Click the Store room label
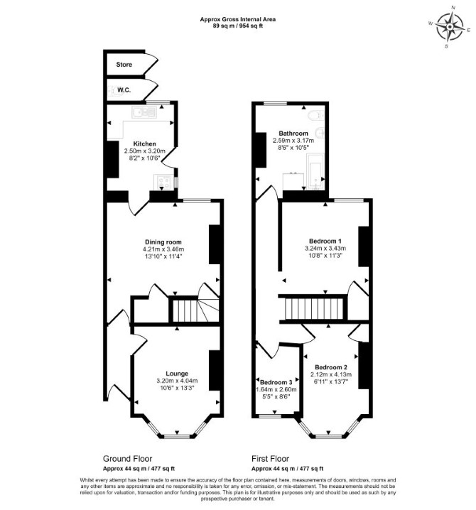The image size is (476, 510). click(x=124, y=65)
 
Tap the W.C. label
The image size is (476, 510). click(x=124, y=90)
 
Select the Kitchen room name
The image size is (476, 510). click(x=144, y=143)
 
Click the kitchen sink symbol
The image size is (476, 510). click(x=144, y=112)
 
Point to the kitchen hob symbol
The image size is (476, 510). click(x=163, y=182)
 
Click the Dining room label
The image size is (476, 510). click(x=163, y=242)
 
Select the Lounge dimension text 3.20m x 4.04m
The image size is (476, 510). click(x=177, y=381)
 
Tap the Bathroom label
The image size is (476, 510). click(x=293, y=134)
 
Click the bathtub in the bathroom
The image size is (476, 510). click(x=315, y=171)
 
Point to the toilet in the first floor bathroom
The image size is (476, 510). click(x=315, y=115)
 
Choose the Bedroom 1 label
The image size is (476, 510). click(x=325, y=241)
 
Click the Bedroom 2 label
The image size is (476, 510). click(x=331, y=367)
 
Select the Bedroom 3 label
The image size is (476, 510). click(x=276, y=382)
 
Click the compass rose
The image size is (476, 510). click(x=450, y=27)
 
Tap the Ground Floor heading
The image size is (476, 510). click(x=128, y=459)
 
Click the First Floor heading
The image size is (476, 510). click(x=271, y=459)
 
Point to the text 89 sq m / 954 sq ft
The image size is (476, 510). click(x=238, y=26)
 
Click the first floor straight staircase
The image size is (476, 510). click(x=314, y=309)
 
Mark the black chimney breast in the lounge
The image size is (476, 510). click(x=215, y=370)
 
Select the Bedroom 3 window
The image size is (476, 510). click(x=270, y=416)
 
